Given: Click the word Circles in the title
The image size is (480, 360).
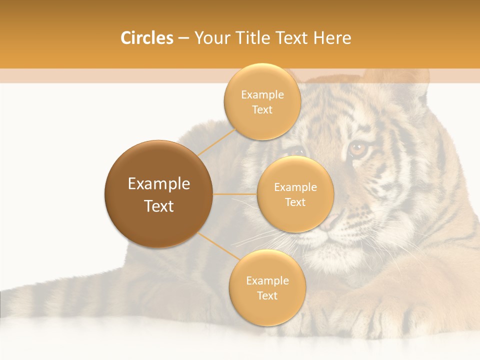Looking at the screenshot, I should [x=146, y=38].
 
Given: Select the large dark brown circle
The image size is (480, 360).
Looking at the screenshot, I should [x=159, y=194].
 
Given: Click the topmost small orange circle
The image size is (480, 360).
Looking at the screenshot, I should [x=262, y=101].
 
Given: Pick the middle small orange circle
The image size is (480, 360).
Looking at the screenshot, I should [x=295, y=194].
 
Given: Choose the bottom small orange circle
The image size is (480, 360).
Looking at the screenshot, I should [x=267, y=287].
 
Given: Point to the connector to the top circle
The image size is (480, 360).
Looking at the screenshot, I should [x=216, y=142].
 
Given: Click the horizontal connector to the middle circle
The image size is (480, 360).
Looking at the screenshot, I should [x=235, y=194].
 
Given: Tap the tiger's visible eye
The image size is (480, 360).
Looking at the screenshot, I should [x=357, y=148].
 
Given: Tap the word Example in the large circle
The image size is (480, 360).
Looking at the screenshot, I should [x=159, y=184].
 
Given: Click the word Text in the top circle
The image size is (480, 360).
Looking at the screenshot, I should [x=262, y=109].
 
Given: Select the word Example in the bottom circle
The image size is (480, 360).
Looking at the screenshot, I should [x=267, y=280].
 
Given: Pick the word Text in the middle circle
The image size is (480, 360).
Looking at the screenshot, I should [x=295, y=202].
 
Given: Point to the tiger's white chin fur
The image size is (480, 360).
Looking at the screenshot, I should [x=340, y=255].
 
